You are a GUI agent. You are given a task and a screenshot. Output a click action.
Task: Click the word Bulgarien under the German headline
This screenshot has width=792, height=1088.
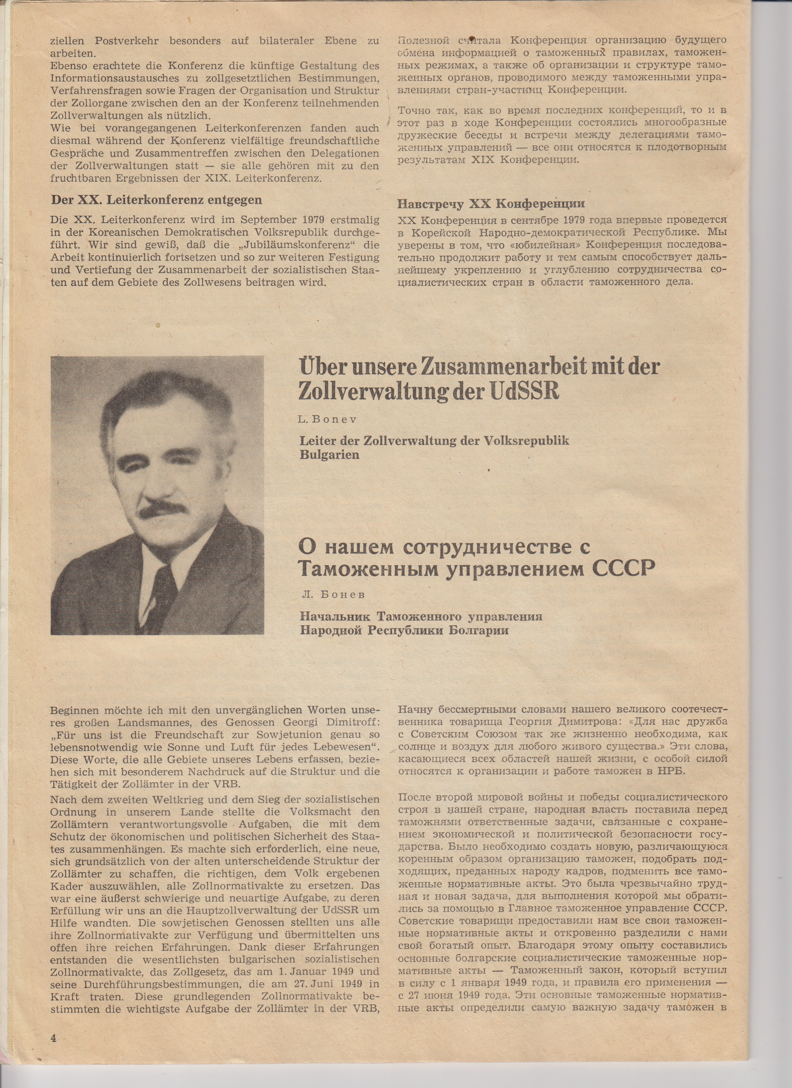[329, 454]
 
